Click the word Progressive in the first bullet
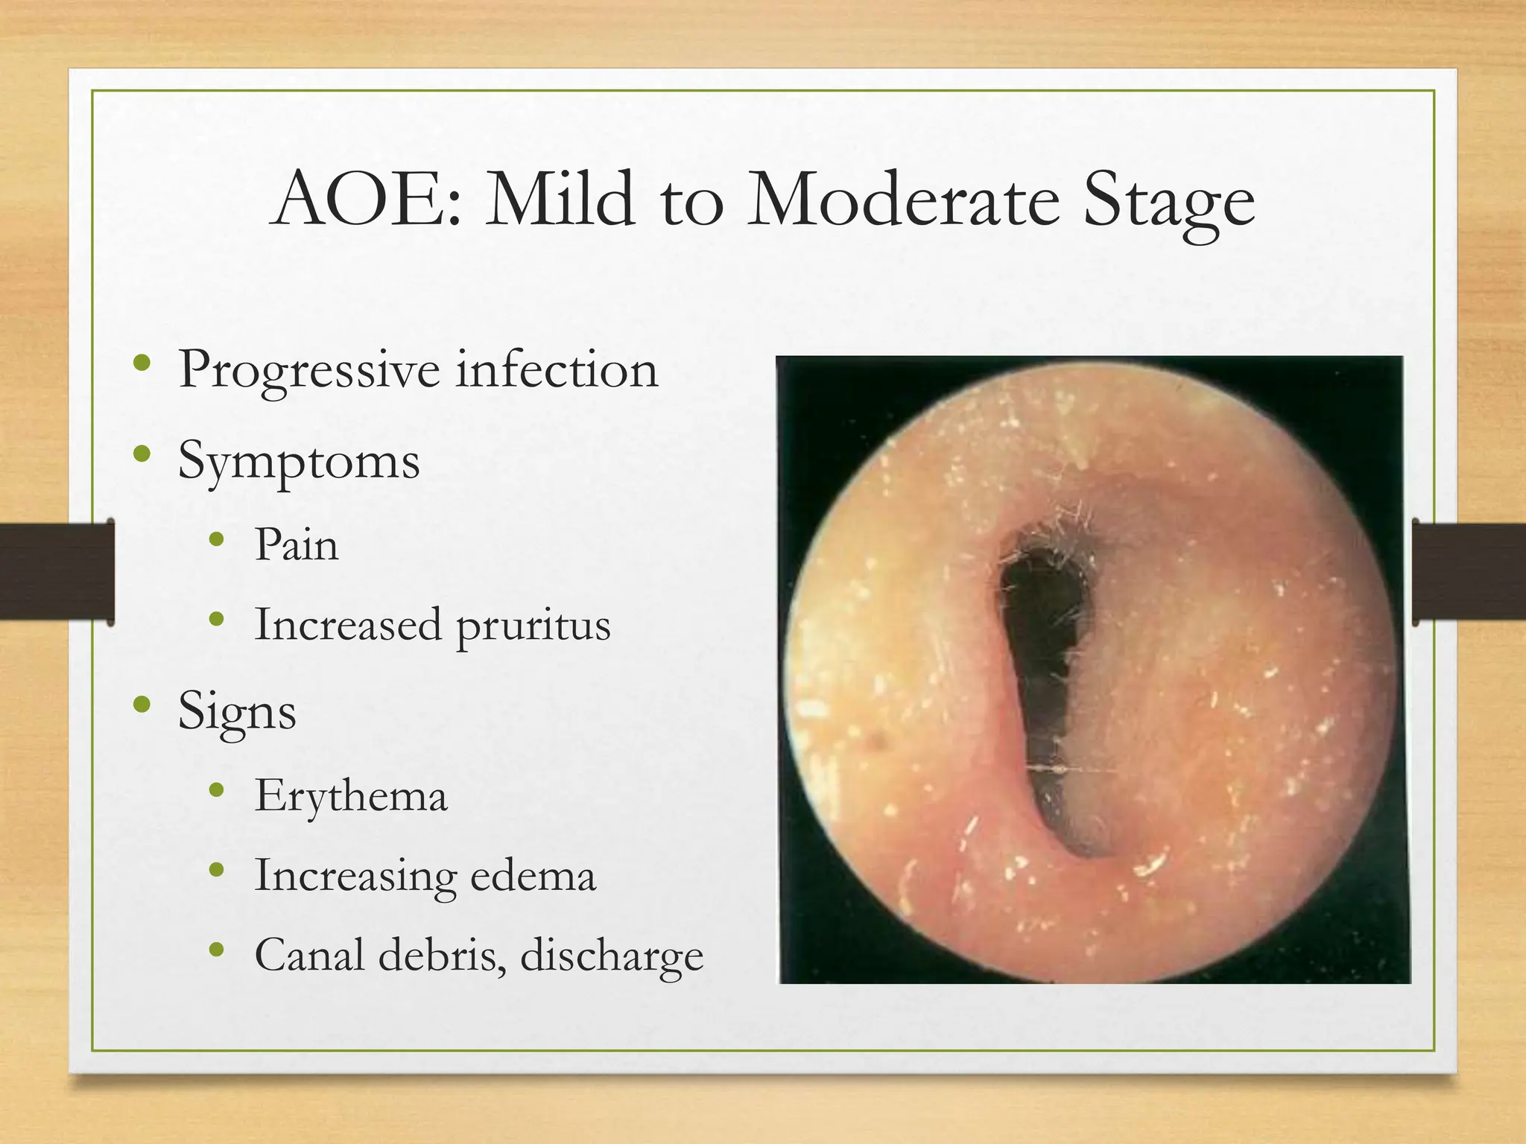pyautogui.click(x=308, y=369)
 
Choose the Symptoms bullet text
pyautogui.click(x=299, y=462)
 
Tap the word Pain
pyautogui.click(x=297, y=544)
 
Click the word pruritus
pyautogui.click(x=533, y=626)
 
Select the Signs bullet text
pyautogui.click(x=237, y=712)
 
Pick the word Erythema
pyautogui.click(x=351, y=796)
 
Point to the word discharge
pyautogui.click(x=611, y=956)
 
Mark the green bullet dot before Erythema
pyautogui.click(x=217, y=790)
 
